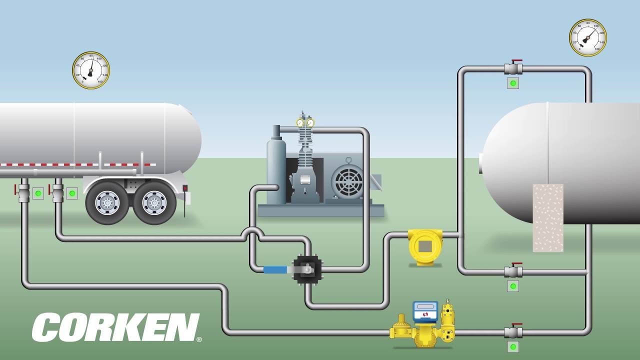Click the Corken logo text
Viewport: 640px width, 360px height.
point(116,327)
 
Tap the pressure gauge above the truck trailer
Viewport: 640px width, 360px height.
point(91,70)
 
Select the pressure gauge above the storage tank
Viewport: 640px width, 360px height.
point(587,37)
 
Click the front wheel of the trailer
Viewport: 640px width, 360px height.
point(107,202)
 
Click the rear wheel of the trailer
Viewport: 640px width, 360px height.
point(154,202)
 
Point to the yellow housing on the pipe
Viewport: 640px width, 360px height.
point(425,246)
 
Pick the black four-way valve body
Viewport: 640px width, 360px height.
point(307,269)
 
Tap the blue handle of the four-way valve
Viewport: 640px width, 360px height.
point(275,270)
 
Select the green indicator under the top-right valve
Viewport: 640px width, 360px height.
point(513,83)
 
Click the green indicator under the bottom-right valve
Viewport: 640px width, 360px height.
point(513,346)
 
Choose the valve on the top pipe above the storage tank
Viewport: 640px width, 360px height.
point(513,68)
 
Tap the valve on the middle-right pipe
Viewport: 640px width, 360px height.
point(513,271)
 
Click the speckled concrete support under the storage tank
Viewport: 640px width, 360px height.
point(548,217)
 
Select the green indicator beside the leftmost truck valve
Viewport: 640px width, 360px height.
point(38,193)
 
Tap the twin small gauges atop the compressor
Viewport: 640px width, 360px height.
point(305,122)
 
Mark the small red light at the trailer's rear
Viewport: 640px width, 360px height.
point(184,188)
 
